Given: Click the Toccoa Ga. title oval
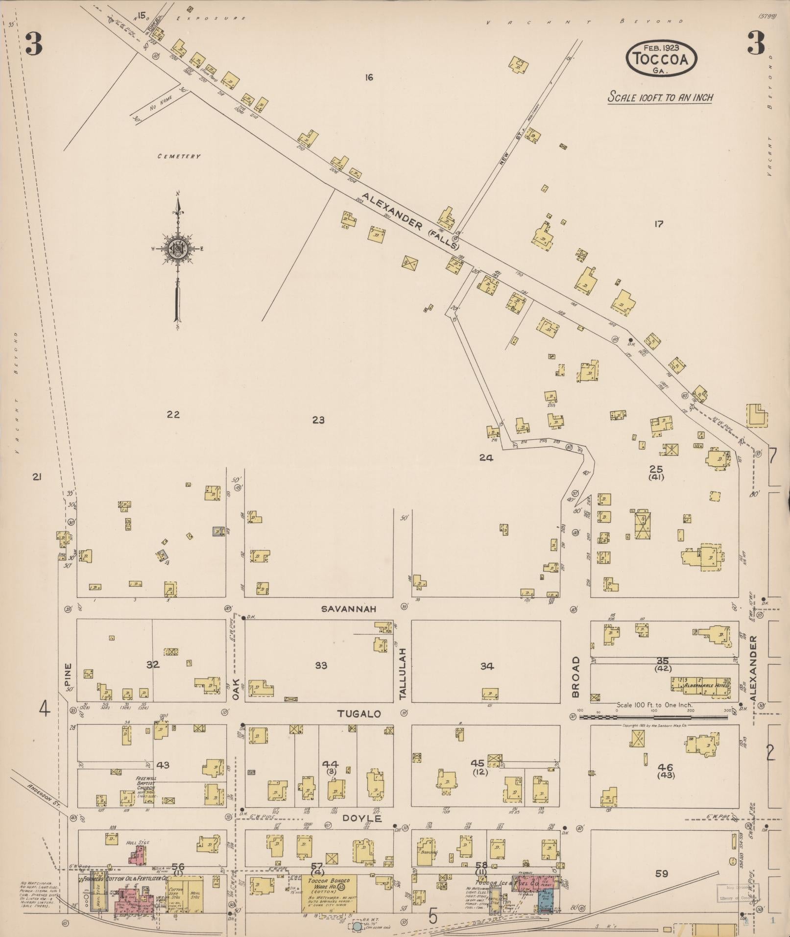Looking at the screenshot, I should click(661, 58).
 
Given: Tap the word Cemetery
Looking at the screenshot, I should click(179, 156).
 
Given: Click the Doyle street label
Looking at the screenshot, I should click(361, 818).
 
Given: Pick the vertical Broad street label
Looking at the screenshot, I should click(575, 677).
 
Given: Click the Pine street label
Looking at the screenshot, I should click(68, 674).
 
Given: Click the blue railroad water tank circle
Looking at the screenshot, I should click(358, 926).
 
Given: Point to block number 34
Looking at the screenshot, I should click(487, 666).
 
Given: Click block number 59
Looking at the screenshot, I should click(661, 873).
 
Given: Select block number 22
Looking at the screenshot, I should click(173, 414).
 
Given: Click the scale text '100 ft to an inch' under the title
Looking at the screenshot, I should click(660, 97).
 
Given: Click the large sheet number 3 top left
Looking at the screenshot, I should click(34, 45).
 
